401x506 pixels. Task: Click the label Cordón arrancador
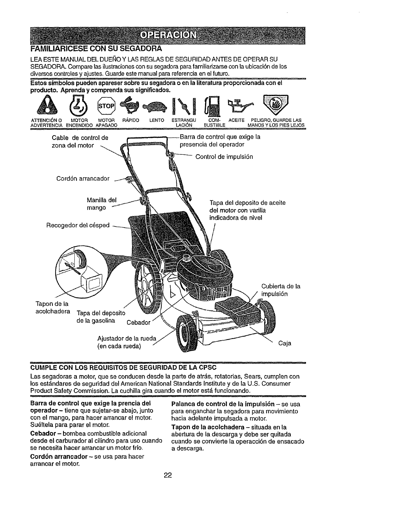(x=83, y=179)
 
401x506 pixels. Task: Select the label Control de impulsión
(x=224, y=157)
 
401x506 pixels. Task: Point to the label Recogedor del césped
(x=78, y=225)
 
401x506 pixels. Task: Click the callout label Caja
(x=285, y=343)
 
